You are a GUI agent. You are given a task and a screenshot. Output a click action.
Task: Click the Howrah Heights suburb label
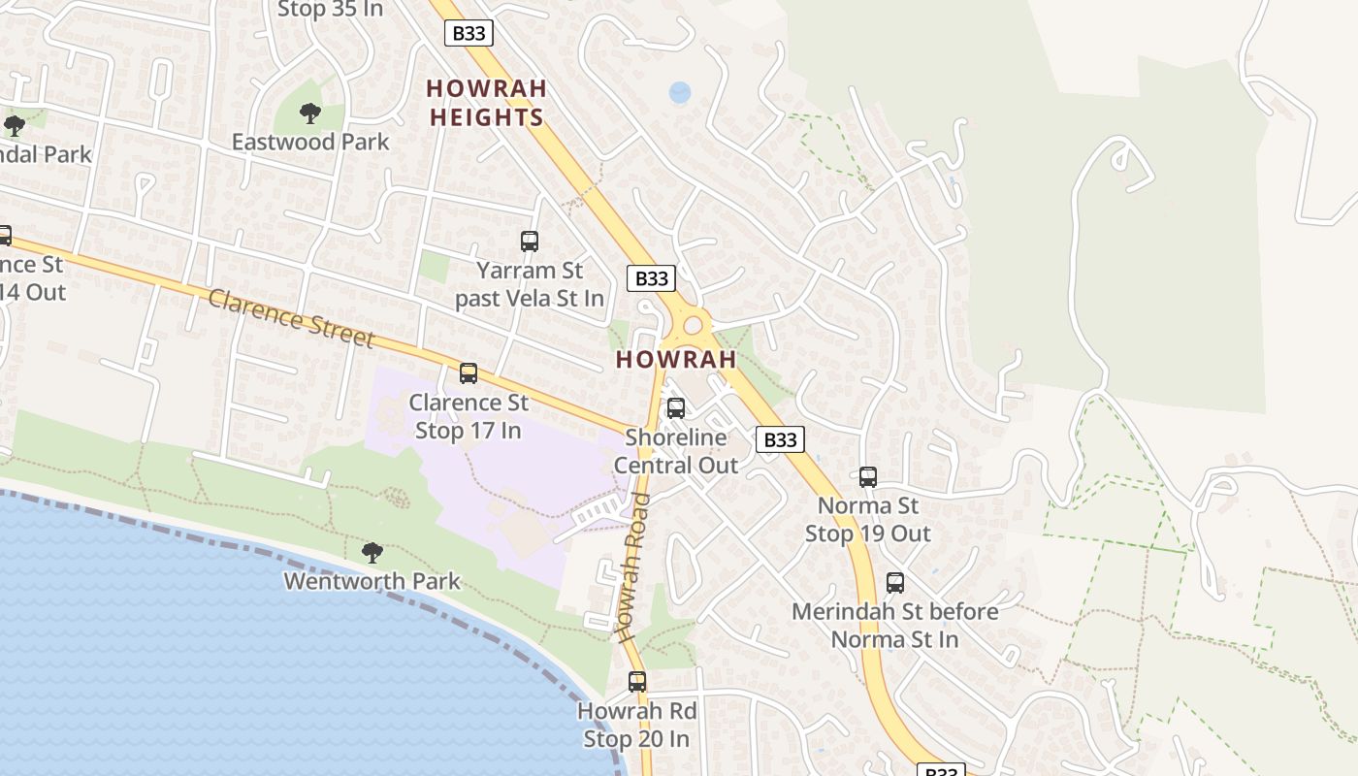(x=486, y=103)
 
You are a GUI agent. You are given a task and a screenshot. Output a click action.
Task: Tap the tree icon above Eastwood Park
(x=310, y=114)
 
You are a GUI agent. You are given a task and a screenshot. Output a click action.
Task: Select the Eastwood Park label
(x=310, y=142)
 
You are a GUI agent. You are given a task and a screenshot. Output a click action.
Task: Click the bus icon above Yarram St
(x=530, y=242)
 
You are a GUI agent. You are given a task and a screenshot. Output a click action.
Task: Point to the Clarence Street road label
(x=291, y=317)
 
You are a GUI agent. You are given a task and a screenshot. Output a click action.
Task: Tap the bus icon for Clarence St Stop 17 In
(x=469, y=373)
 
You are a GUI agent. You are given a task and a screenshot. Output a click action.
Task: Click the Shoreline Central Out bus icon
(x=676, y=408)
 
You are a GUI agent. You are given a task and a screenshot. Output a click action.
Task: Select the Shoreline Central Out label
(x=676, y=451)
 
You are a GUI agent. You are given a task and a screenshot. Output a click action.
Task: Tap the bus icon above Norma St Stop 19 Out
(x=868, y=477)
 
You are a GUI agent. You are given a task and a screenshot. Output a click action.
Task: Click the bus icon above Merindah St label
(x=895, y=583)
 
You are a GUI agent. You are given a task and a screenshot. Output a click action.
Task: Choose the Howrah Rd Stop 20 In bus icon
(x=637, y=682)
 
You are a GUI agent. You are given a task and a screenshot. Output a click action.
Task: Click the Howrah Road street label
(x=633, y=567)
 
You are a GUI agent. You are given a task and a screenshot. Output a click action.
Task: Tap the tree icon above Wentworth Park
(x=372, y=553)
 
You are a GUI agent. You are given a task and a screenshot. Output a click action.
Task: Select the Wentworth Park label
(x=372, y=581)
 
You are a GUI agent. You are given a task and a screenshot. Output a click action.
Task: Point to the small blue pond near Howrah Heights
(x=680, y=93)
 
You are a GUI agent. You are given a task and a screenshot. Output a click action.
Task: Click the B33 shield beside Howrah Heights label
(x=469, y=33)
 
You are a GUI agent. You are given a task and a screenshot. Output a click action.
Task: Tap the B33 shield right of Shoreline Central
(x=780, y=440)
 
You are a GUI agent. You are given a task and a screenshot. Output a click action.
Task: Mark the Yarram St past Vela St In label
(x=530, y=284)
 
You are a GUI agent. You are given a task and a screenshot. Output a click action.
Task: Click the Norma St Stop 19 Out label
(x=868, y=519)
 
